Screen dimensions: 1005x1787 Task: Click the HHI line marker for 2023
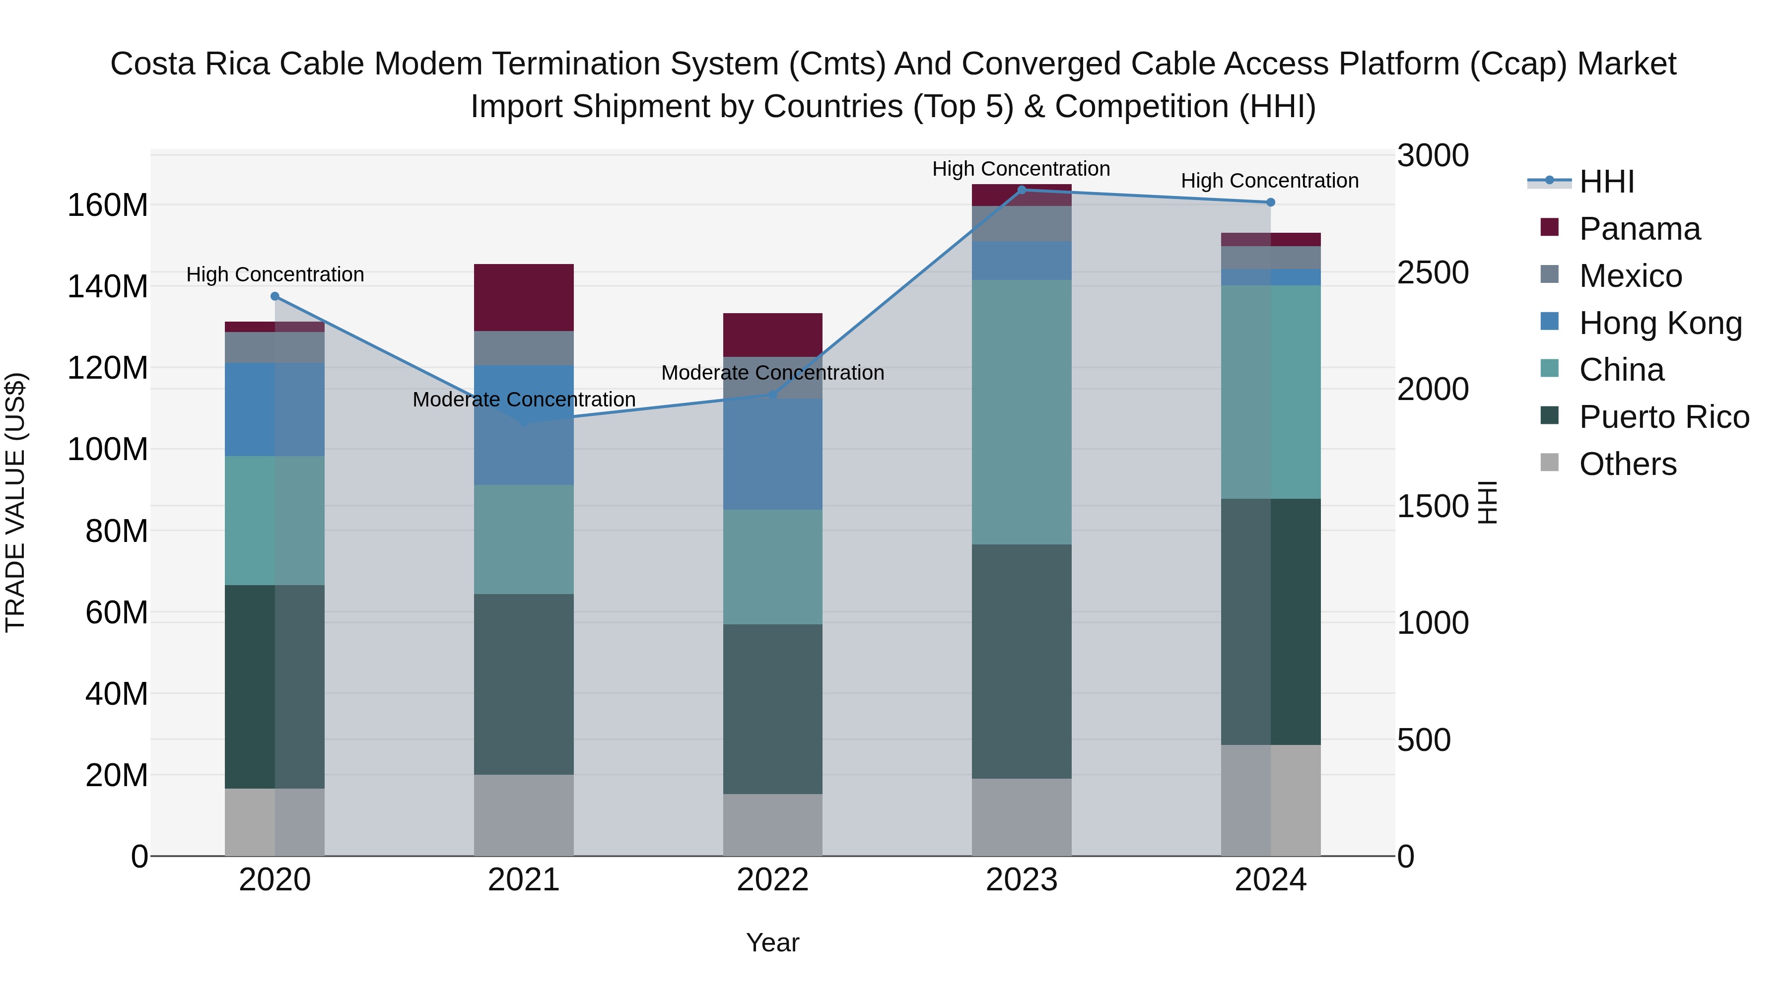pos(1021,190)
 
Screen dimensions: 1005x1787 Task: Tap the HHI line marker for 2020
pos(275,296)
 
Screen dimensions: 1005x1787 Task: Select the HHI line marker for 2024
pos(1270,202)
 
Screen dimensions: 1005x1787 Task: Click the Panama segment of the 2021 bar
pos(524,298)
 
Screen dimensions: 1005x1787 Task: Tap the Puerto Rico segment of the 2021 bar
pos(524,684)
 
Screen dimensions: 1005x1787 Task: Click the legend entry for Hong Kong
pos(1660,323)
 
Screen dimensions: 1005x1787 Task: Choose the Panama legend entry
pos(1639,229)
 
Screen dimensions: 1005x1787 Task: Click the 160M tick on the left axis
pos(108,205)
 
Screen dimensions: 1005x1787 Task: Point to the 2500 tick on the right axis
pos(1433,272)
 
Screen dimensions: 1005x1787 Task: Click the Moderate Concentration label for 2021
pos(524,400)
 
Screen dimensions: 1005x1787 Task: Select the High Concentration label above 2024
pos(1269,181)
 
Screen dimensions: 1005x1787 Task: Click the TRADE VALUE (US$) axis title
pos(15,502)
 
